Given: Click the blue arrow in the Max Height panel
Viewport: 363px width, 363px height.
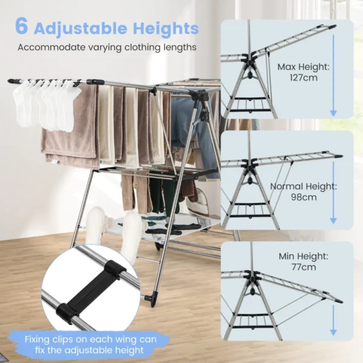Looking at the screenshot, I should point(332,76).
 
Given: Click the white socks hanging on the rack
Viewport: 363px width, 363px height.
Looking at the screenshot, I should point(45,103).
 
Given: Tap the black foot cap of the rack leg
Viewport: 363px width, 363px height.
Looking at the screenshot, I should point(152,298).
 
